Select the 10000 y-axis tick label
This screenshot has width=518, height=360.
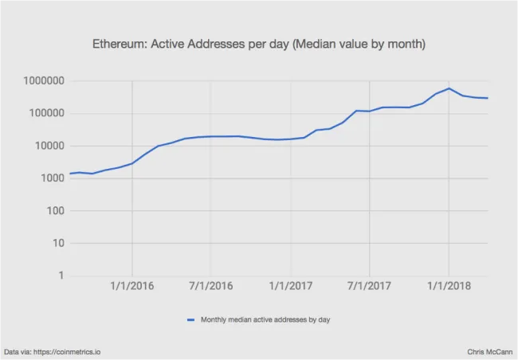coord(46,147)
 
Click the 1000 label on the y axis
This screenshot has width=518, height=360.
coord(49,178)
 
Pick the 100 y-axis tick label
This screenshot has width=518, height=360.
coord(52,211)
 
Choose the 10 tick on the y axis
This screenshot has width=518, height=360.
coord(55,244)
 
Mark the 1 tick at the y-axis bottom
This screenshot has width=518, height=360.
coord(59,276)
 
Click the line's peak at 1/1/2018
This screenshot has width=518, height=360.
coord(449,88)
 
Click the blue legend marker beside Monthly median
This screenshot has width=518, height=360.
coord(191,320)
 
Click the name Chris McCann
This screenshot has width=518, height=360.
coord(489,351)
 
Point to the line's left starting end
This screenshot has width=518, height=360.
coord(70,174)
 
